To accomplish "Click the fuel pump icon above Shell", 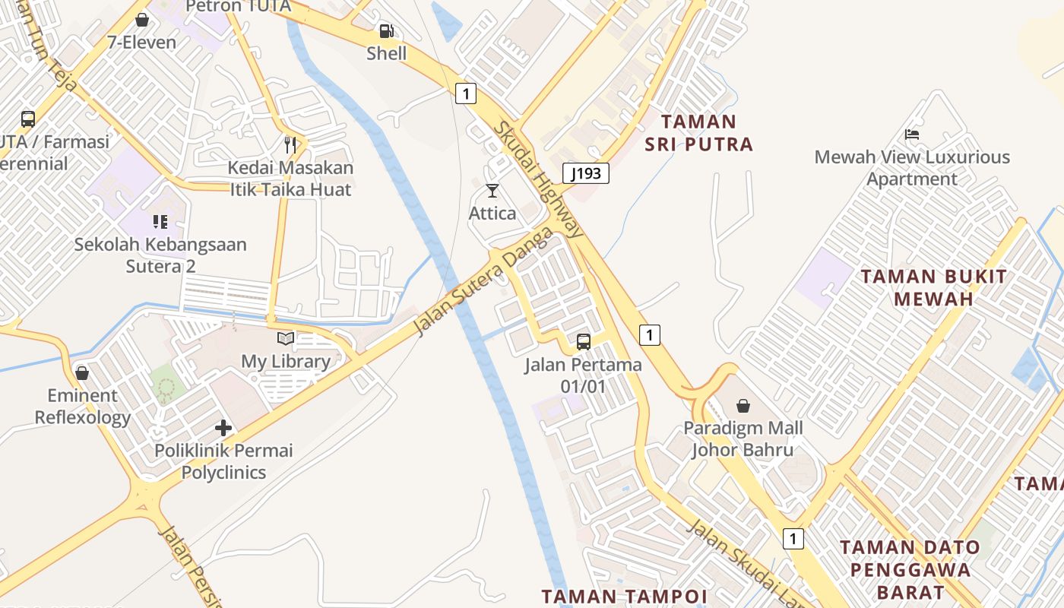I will [386, 32].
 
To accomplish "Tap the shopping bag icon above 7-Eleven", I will [141, 21].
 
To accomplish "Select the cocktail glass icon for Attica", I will [492, 191].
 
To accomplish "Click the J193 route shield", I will [586, 173].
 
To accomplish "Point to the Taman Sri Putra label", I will [698, 133].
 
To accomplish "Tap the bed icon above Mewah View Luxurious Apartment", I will [912, 135].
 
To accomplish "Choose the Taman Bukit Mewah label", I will [933, 287].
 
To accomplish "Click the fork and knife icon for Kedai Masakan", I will [290, 145].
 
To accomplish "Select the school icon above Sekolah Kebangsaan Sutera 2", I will [160, 222].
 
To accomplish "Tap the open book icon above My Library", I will [286, 339].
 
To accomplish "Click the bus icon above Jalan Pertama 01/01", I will [583, 342].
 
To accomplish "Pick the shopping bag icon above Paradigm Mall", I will [743, 406].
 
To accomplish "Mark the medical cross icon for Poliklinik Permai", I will [223, 428].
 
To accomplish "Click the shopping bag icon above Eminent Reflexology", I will [82, 373].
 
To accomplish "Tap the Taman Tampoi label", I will [624, 596].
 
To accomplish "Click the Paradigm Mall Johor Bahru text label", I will [743, 439].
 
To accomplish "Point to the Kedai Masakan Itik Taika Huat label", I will [291, 179].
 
